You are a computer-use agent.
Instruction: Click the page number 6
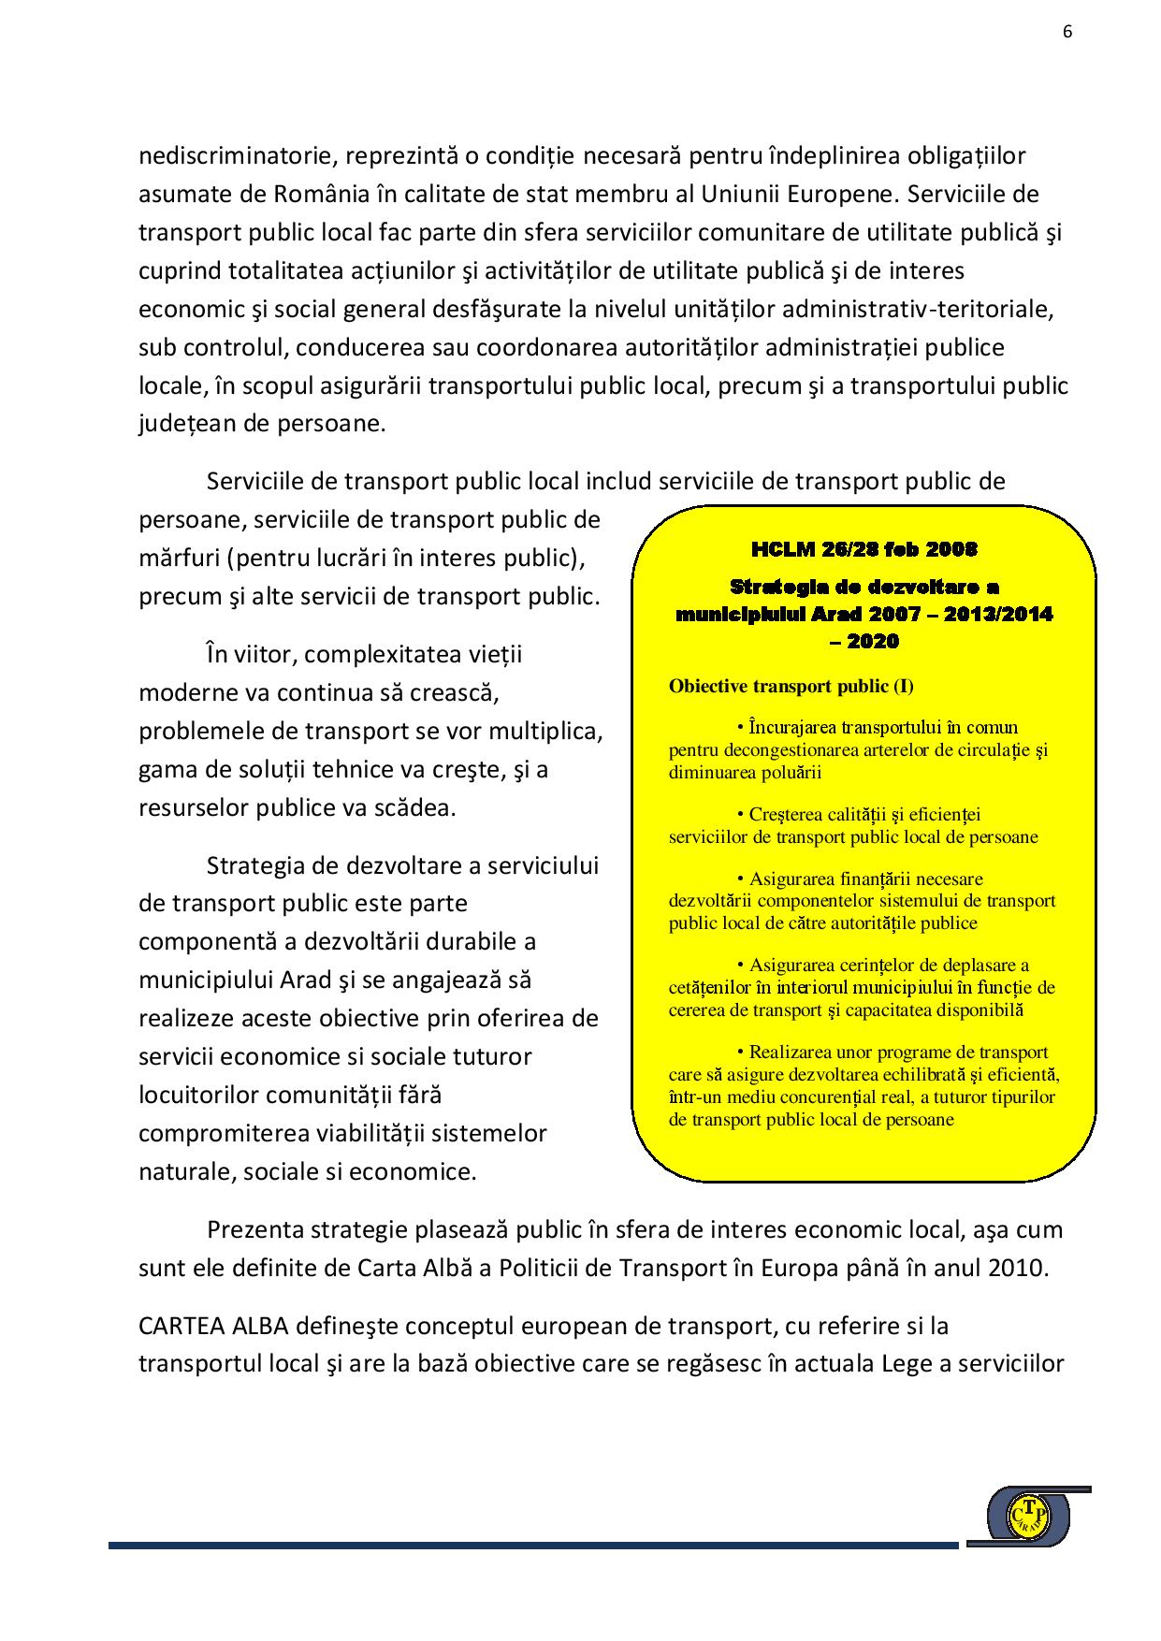[1067, 31]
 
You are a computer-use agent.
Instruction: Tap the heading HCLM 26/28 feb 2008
[863, 548]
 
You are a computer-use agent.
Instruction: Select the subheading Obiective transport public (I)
[791, 686]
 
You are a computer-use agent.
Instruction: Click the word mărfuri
[178, 559]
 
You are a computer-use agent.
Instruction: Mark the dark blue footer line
[533, 1546]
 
